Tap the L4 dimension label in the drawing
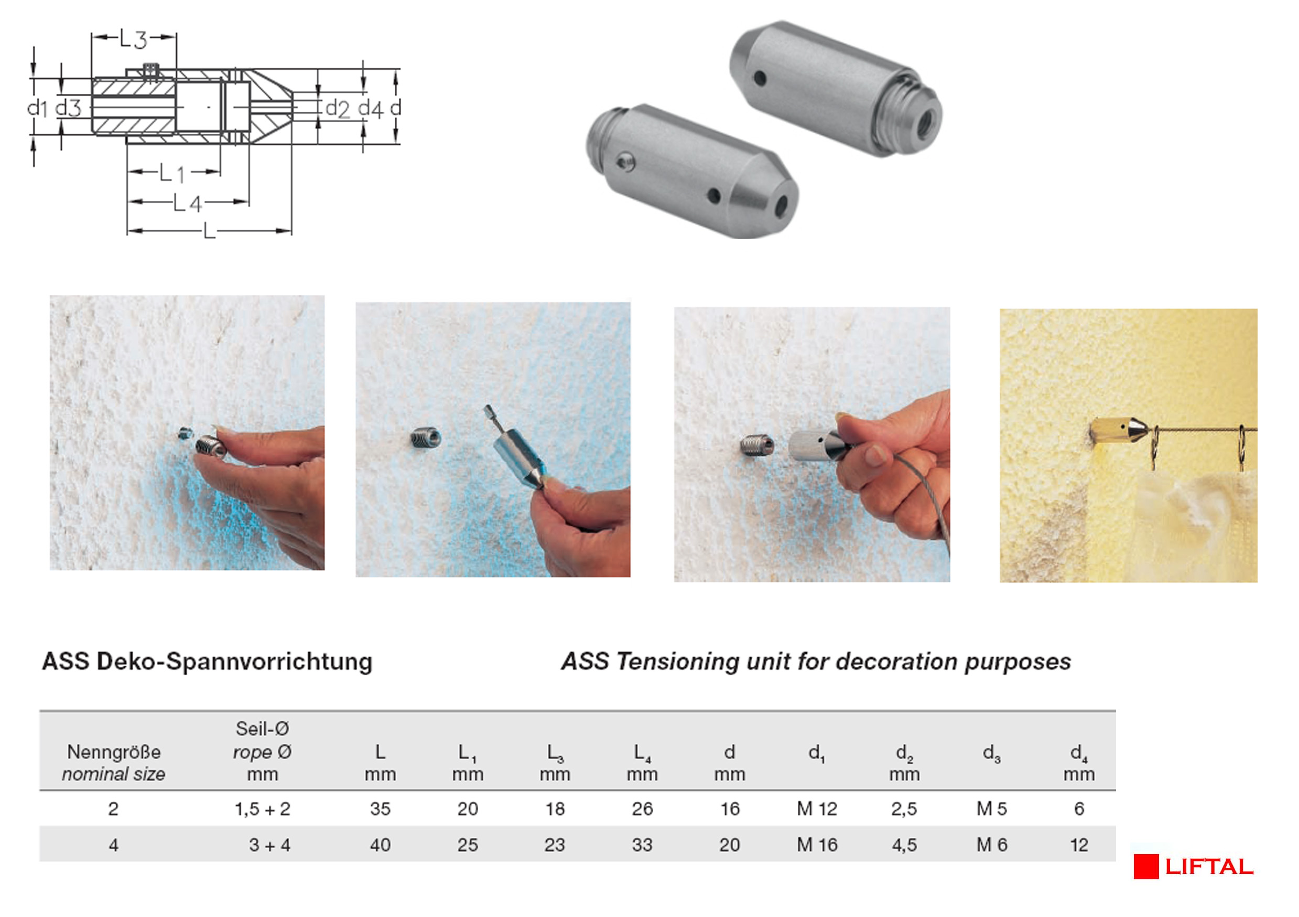click(x=187, y=202)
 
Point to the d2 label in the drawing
click(x=338, y=108)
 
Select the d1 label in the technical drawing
click(x=37, y=107)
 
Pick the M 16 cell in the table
click(x=816, y=845)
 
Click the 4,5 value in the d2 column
click(x=904, y=845)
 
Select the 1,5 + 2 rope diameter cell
click(x=263, y=809)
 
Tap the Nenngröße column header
click(x=114, y=752)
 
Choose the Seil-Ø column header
click(x=262, y=729)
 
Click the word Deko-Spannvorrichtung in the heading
click(x=235, y=661)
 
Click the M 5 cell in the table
click(x=991, y=809)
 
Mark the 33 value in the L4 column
click(x=642, y=845)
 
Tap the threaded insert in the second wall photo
click(x=426, y=438)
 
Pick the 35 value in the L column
click(x=380, y=809)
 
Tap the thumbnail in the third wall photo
click(x=874, y=454)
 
